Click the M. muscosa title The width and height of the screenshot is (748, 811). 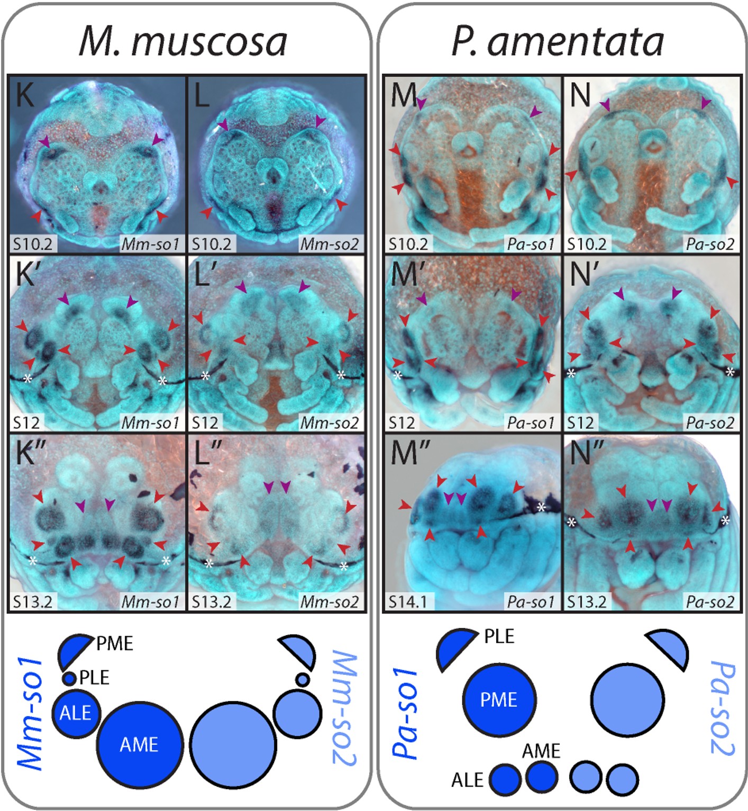click(x=183, y=41)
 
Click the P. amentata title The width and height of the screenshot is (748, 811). click(x=558, y=41)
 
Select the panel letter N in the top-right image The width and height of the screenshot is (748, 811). click(x=580, y=95)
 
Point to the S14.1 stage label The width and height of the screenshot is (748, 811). click(x=408, y=602)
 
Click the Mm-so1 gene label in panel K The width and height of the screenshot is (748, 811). click(x=150, y=244)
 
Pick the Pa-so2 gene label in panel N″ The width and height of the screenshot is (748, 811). click(x=710, y=602)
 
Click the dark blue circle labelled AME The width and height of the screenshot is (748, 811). click(x=140, y=744)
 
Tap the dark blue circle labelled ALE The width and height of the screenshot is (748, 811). click(x=76, y=713)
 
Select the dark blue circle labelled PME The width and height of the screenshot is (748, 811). click(x=499, y=700)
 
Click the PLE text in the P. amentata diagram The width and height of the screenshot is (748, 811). click(x=499, y=636)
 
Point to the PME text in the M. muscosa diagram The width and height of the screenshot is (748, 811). click(x=115, y=644)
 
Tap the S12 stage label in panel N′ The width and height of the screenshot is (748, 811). click(x=580, y=423)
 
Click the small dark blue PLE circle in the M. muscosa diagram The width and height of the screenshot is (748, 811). click(x=69, y=678)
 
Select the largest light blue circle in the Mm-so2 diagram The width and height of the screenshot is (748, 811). click(x=233, y=744)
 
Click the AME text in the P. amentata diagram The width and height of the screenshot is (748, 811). click(x=541, y=751)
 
